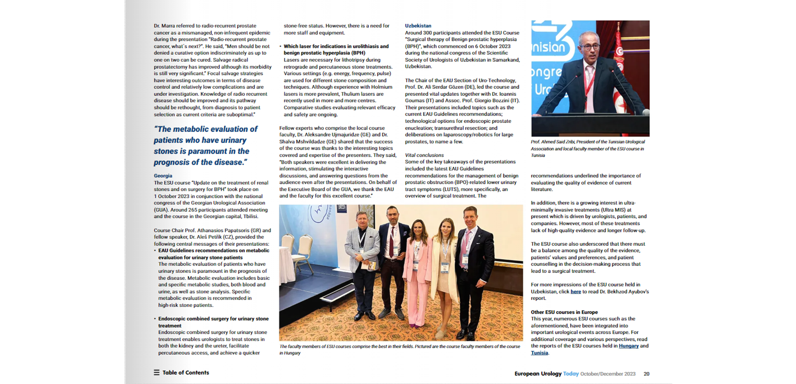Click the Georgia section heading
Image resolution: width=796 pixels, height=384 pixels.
163,176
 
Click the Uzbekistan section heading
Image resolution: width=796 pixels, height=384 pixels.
418,26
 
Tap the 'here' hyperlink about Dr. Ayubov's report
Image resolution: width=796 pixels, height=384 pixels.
575,291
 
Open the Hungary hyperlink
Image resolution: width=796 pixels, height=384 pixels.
628,346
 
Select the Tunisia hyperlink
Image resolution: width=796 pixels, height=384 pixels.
539,353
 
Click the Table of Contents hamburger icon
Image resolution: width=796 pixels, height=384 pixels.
157,373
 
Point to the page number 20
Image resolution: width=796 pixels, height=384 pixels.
646,374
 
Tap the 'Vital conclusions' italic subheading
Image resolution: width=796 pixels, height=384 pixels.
424,155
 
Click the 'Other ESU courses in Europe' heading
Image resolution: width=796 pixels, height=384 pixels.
564,312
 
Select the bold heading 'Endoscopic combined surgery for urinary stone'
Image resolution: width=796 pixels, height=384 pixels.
213,319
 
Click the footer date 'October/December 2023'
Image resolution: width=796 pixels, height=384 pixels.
608,374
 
